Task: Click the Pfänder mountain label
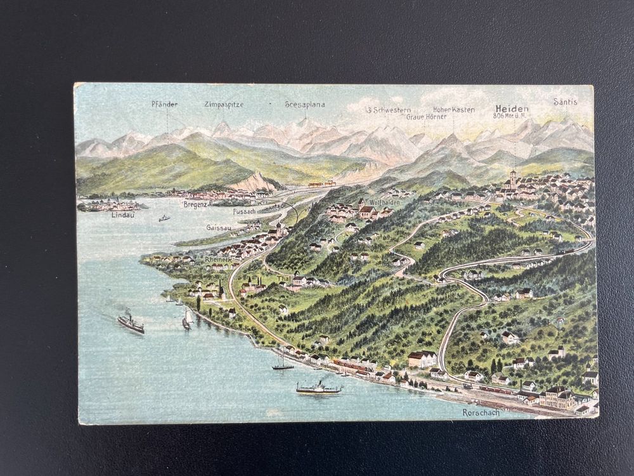click(x=164, y=104)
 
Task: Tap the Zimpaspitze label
click(x=224, y=105)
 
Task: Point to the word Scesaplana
click(x=304, y=105)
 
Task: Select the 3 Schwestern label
click(x=389, y=110)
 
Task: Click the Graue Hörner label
click(x=427, y=117)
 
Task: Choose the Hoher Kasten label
click(x=453, y=110)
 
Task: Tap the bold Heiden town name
click(x=512, y=109)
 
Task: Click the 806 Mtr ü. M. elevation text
click(x=510, y=116)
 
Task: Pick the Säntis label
click(x=565, y=102)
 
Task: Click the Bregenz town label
click(x=195, y=204)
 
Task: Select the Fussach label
click(x=244, y=211)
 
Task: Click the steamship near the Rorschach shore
click(x=318, y=388)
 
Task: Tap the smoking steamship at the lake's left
click(x=131, y=323)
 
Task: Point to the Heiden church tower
click(x=512, y=178)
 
